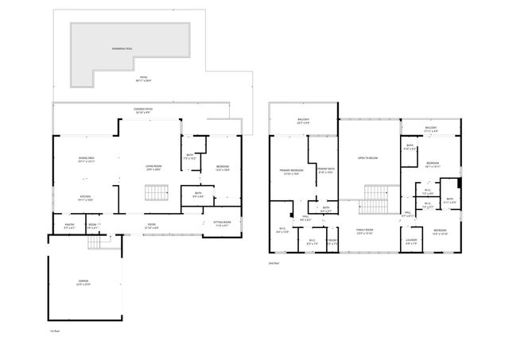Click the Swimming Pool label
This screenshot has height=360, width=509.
122,48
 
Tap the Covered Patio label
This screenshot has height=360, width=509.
144,110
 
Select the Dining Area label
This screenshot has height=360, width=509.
87,159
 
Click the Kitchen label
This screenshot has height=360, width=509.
84,197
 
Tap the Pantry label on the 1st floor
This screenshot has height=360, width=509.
70,226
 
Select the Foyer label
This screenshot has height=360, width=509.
151,226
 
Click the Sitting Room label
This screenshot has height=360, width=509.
222,223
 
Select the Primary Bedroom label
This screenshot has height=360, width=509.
290,171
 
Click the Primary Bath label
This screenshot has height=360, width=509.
324,169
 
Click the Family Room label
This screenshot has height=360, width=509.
365,230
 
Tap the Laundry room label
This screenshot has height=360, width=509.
411,241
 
